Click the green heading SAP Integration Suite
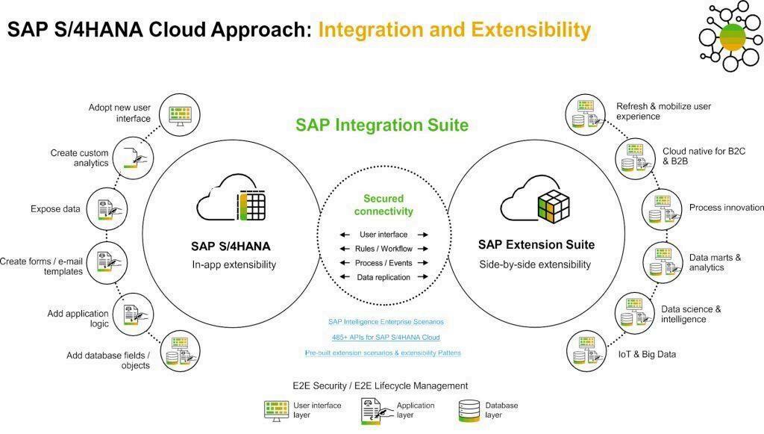382,125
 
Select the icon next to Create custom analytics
135,158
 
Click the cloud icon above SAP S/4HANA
231,197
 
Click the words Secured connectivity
383,205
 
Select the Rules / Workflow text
383,249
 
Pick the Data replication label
383,277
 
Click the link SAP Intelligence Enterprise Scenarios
386,322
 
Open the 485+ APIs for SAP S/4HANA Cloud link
386,338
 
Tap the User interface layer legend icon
277,410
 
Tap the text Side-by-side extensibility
535,264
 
